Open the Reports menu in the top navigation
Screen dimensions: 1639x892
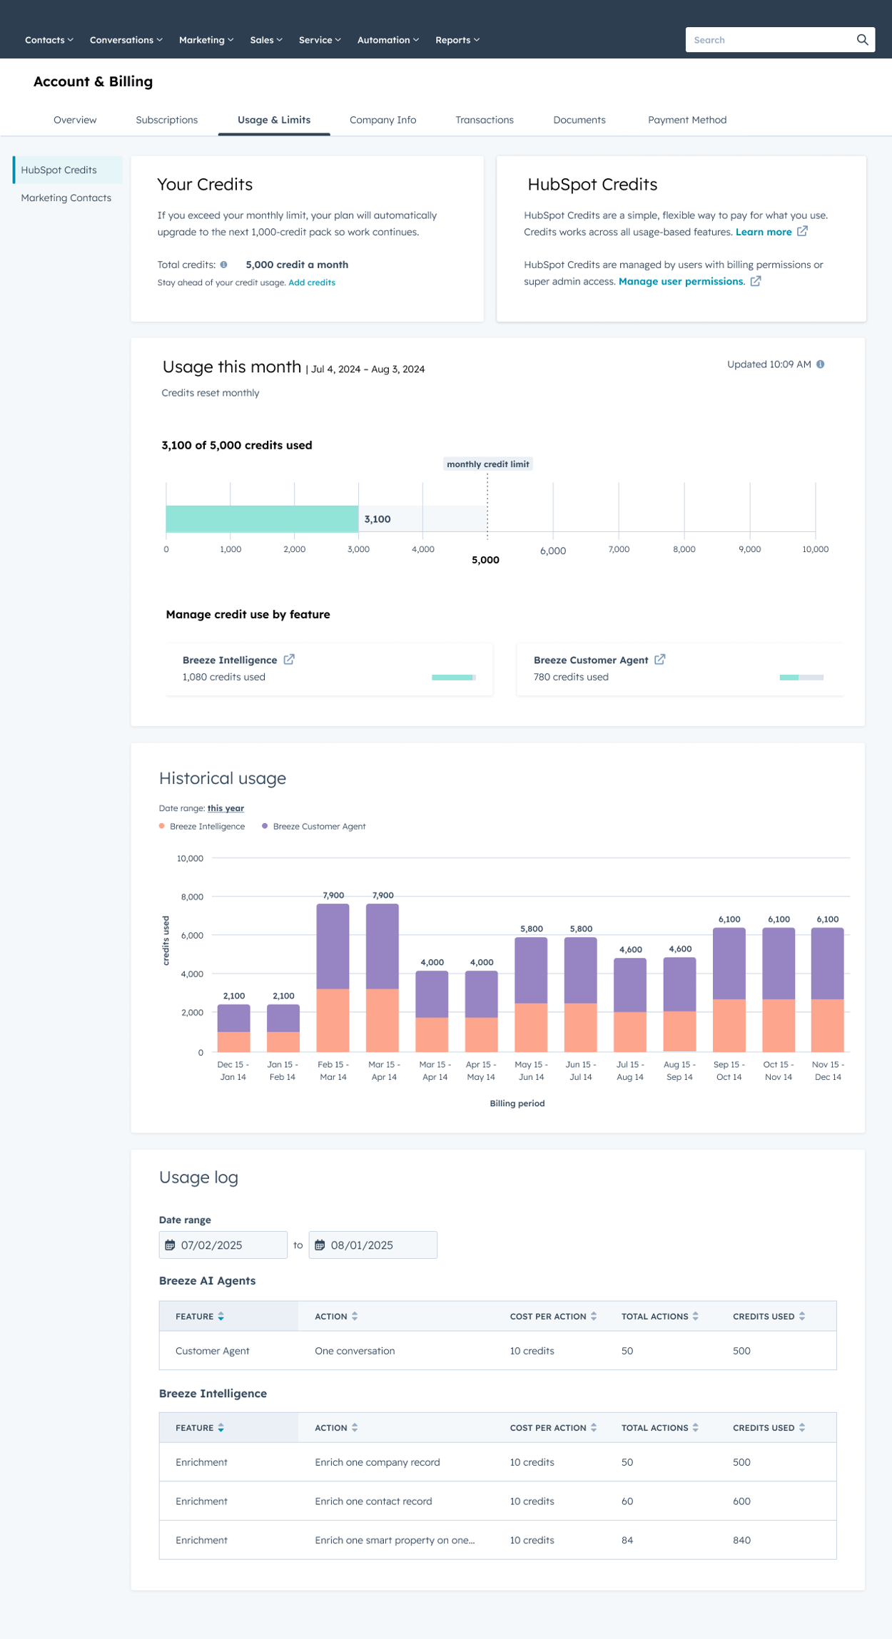coord(457,40)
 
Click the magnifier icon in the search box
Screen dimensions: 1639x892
coord(862,40)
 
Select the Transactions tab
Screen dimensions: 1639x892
coord(484,120)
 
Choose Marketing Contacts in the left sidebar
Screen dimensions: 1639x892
coord(66,198)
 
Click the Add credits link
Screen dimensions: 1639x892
coord(311,282)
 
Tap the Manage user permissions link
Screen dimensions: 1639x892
coord(681,281)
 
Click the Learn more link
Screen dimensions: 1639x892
coord(764,232)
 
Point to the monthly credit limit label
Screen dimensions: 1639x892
coord(487,464)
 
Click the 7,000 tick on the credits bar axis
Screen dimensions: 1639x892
coord(619,549)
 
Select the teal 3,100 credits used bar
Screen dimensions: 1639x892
coord(261,519)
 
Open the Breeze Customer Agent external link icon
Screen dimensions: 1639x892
coord(660,660)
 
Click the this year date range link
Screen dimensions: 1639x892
coord(225,808)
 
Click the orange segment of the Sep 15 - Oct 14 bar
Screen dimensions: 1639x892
coord(729,1025)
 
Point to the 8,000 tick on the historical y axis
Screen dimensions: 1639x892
coord(192,897)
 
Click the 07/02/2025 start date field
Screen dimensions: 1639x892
coord(223,1245)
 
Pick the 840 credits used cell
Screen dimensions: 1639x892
coord(741,1540)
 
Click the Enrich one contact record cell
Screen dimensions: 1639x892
coord(373,1501)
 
